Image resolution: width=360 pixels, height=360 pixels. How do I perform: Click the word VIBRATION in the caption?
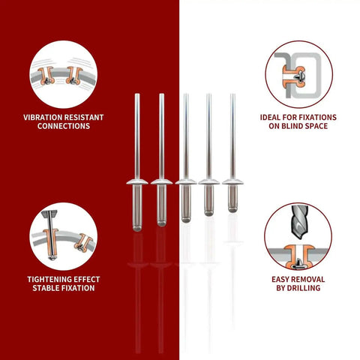43,118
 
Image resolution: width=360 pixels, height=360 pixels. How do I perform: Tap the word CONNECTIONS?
64,126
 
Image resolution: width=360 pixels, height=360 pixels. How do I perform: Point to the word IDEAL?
270,118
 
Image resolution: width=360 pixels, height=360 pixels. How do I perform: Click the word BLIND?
292,126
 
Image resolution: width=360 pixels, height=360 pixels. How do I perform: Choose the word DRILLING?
304,288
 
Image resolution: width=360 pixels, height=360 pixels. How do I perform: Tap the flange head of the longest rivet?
137,182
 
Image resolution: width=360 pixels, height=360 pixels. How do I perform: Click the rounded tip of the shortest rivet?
232,209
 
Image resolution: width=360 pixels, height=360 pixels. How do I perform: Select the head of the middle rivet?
186,181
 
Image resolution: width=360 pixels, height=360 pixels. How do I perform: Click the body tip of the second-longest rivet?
161,223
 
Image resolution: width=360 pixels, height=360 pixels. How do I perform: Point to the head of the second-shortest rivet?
209,181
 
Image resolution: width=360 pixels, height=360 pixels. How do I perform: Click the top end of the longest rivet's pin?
137,94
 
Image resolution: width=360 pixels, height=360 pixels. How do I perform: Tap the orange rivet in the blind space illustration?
295,76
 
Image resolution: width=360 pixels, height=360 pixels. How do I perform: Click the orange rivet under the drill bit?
299,257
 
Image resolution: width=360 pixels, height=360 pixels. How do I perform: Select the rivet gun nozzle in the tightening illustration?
49,214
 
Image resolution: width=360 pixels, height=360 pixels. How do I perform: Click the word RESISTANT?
84,118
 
